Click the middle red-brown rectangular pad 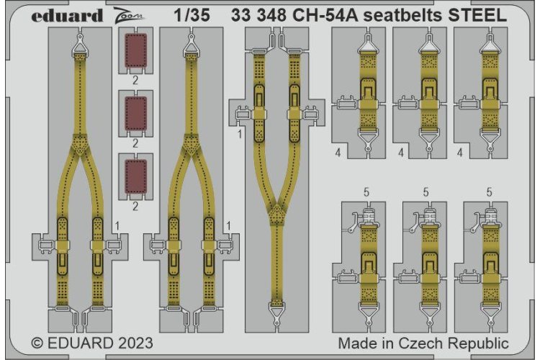tap(135, 113)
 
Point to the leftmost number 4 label tap(337, 153)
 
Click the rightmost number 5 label tap(489, 192)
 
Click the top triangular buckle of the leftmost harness tap(78, 46)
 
